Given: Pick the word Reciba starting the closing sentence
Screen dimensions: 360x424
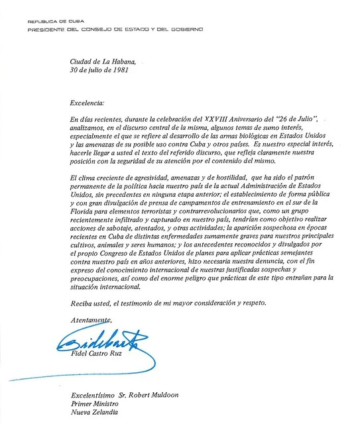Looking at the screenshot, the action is (x=82, y=303).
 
